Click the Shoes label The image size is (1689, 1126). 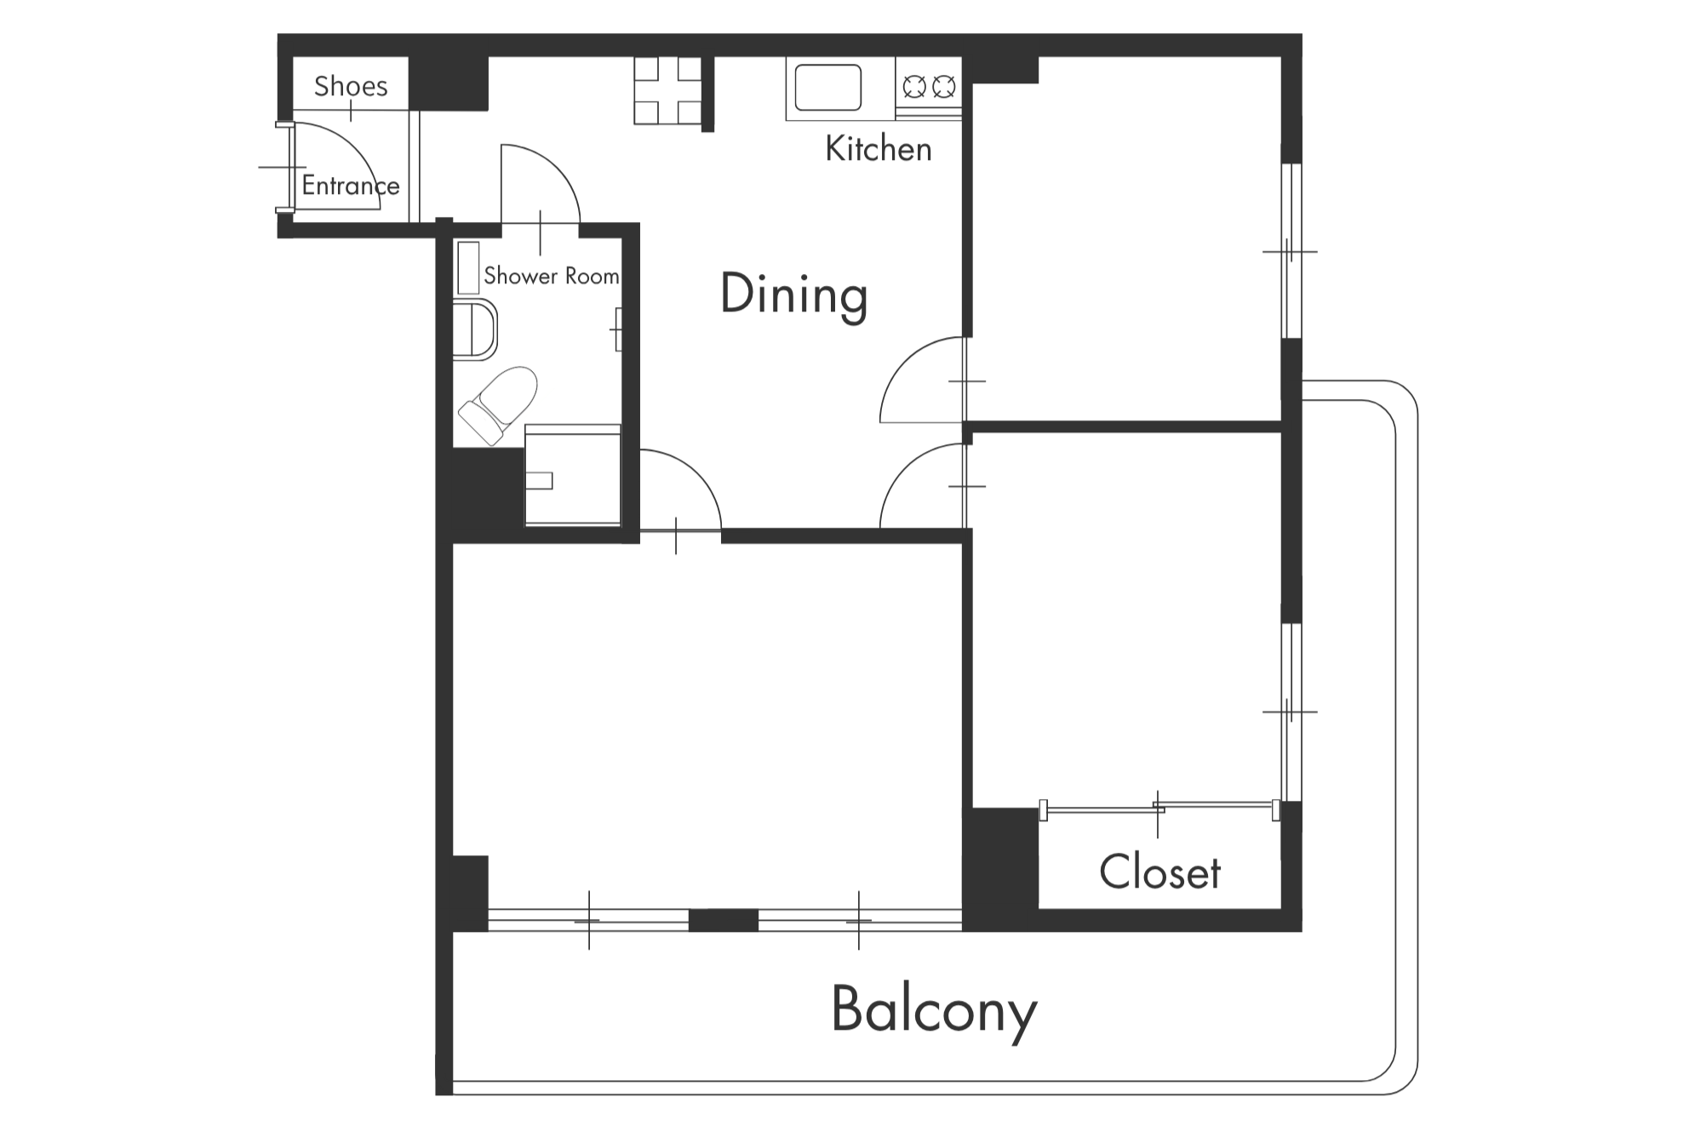click(351, 86)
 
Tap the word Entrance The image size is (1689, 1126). click(351, 186)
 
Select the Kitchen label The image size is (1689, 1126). click(879, 149)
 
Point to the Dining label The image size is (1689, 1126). click(793, 294)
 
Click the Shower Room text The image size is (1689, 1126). click(552, 276)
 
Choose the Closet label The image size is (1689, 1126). click(1159, 872)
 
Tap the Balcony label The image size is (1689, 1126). click(934, 1011)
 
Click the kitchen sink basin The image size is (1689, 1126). click(827, 88)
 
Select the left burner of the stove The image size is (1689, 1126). click(914, 86)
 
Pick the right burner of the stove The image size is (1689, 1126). click(943, 86)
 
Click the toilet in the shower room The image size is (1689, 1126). click(499, 405)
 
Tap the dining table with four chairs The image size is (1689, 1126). click(668, 91)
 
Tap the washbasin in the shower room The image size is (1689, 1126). click(474, 329)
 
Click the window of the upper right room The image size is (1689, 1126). click(1291, 251)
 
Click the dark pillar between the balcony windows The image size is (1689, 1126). click(723, 920)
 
